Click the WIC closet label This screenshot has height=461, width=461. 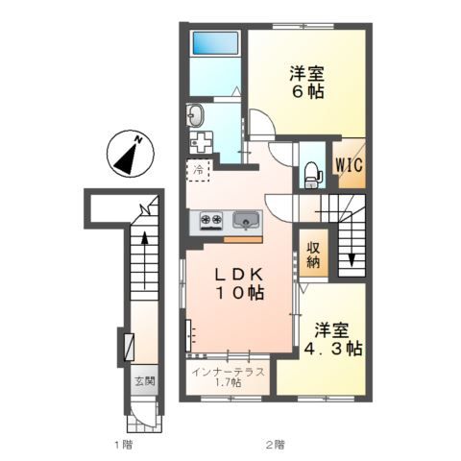coord(349,165)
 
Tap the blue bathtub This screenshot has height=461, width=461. coord(215,43)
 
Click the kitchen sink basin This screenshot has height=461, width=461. coord(246,220)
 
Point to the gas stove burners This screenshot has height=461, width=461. coord(211,220)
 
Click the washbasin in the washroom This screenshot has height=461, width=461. coord(195,115)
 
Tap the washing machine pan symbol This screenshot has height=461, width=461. coord(201,143)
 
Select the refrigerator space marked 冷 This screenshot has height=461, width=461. coord(199,170)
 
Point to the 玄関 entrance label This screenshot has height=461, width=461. coord(145,381)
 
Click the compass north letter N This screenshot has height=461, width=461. coord(138,139)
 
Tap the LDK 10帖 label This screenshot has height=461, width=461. coord(239,283)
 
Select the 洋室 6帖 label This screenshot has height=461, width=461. coord(306,83)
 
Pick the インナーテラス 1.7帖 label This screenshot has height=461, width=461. coord(229,376)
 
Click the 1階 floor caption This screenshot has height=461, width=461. coord(124,445)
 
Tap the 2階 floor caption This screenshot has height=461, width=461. coord(276,445)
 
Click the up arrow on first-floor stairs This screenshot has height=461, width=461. coord(145,260)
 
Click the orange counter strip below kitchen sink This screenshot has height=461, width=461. coord(243,240)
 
